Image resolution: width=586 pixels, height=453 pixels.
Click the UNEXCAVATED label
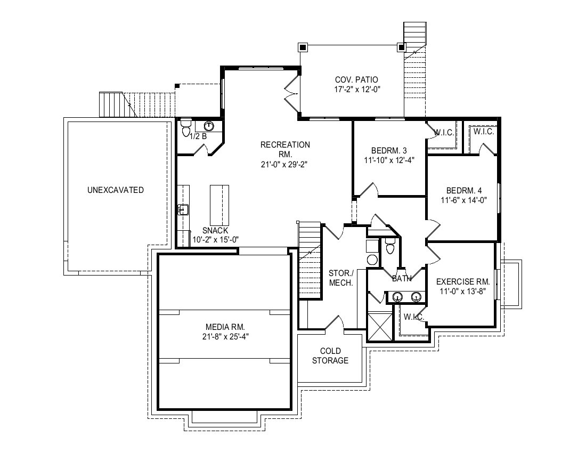[116, 190]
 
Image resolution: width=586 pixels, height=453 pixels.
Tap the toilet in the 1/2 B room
[186, 127]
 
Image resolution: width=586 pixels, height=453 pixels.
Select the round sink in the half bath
[208, 126]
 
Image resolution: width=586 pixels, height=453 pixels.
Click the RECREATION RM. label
[285, 149]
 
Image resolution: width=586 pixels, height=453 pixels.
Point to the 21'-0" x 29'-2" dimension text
[284, 165]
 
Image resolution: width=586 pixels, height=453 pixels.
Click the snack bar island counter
[219, 204]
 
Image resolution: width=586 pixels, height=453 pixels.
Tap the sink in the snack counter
[183, 209]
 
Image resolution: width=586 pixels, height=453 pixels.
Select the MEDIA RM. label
[225, 327]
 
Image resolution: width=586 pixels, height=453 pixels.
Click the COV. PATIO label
[356, 79]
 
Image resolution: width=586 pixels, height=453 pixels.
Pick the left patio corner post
[303, 47]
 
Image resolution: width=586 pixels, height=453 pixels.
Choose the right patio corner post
[401, 47]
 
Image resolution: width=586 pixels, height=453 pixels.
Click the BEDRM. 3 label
[389, 151]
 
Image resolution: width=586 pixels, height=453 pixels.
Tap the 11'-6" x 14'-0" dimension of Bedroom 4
[464, 200]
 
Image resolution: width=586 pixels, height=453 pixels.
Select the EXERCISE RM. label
[462, 282]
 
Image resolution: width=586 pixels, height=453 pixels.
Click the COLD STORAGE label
[330, 355]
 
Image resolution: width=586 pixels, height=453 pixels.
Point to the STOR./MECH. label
[341, 278]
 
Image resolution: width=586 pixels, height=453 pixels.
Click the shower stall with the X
[380, 327]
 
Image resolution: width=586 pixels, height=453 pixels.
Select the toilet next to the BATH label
[390, 247]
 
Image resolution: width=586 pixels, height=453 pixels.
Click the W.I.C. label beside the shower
[414, 317]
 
